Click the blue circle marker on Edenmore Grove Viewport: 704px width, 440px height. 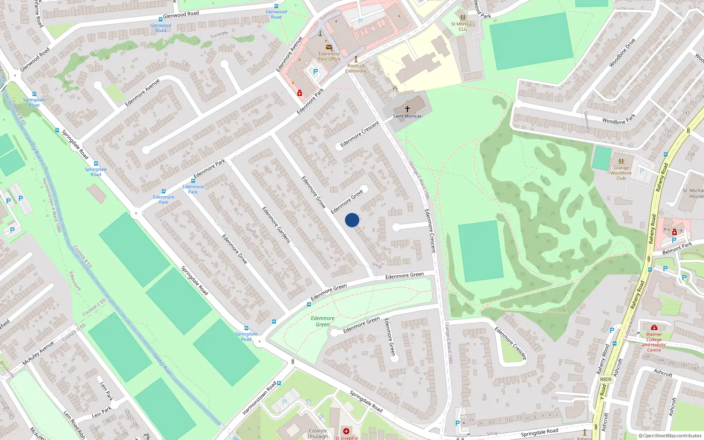click(352, 220)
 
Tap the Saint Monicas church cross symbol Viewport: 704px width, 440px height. click(407, 109)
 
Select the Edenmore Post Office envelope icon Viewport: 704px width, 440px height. click(329, 47)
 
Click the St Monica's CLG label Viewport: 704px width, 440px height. click(462, 27)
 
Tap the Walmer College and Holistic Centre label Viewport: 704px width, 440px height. click(654, 342)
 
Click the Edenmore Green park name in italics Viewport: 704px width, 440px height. click(323, 321)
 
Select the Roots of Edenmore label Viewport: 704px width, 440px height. click(356, 68)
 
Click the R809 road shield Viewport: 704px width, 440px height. click(605, 379)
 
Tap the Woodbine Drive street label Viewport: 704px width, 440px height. click(622, 53)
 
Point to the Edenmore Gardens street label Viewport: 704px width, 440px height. click(276, 225)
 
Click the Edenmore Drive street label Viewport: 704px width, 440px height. click(235, 249)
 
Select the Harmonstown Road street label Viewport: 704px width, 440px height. click(259, 398)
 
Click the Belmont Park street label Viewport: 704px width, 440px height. click(677, 249)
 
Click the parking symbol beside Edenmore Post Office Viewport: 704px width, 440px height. click(315, 72)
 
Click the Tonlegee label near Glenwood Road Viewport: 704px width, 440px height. click(219, 34)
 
